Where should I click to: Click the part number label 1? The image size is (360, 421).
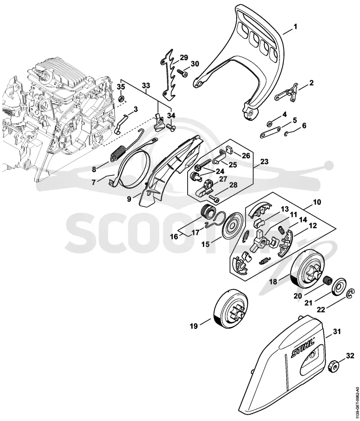pyautogui.click(x=295, y=27)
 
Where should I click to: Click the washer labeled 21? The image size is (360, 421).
pyautogui.click(x=337, y=287)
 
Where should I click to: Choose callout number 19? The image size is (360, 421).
pyautogui.click(x=193, y=326)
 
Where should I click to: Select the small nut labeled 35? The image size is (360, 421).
pyautogui.click(x=121, y=98)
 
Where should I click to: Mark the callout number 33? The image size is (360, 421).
pyautogui.click(x=146, y=86)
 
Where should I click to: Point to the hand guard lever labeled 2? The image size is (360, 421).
pyautogui.click(x=287, y=92)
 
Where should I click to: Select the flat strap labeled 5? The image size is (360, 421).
pyautogui.click(x=270, y=132)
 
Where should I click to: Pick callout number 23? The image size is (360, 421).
pyautogui.click(x=264, y=162)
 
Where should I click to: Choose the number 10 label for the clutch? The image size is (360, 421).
pyautogui.click(x=317, y=202)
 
